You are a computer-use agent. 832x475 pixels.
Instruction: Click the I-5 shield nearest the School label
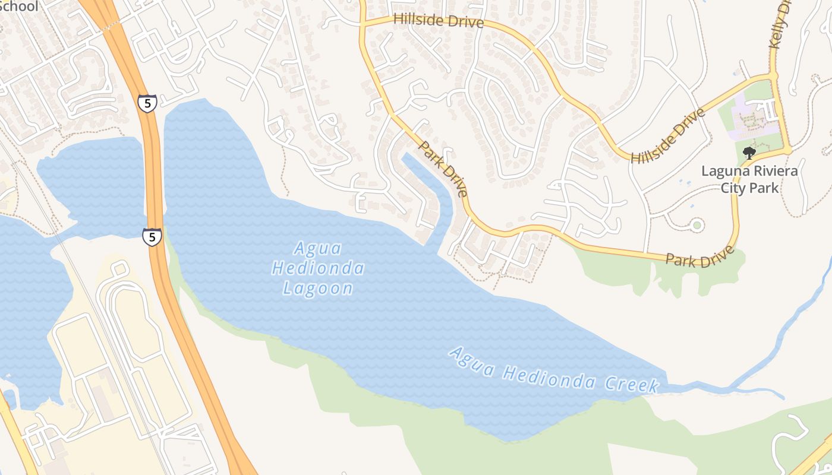point(147,103)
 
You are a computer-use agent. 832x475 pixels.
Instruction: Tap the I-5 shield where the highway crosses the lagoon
point(152,237)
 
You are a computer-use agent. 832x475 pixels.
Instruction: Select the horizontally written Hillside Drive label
point(438,21)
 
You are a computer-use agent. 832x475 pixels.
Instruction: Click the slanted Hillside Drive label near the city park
point(667,136)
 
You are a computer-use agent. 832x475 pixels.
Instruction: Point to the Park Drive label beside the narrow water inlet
point(443,169)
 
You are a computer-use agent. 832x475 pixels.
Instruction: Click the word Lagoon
point(318,289)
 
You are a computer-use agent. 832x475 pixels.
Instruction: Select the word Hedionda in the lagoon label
point(318,268)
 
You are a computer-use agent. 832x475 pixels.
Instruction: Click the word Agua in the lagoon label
point(318,248)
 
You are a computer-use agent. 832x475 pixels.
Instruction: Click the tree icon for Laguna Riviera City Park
point(749,153)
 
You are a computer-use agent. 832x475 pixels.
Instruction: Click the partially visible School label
point(19,7)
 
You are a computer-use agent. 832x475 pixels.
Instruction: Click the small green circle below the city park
point(697,225)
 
